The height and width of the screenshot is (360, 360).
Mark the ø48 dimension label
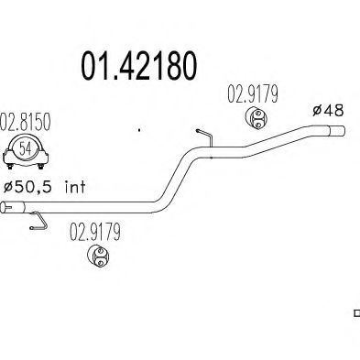[x=329, y=110]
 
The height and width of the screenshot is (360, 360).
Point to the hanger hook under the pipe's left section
[x=38, y=221]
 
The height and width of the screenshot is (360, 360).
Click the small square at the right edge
[x=356, y=312]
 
